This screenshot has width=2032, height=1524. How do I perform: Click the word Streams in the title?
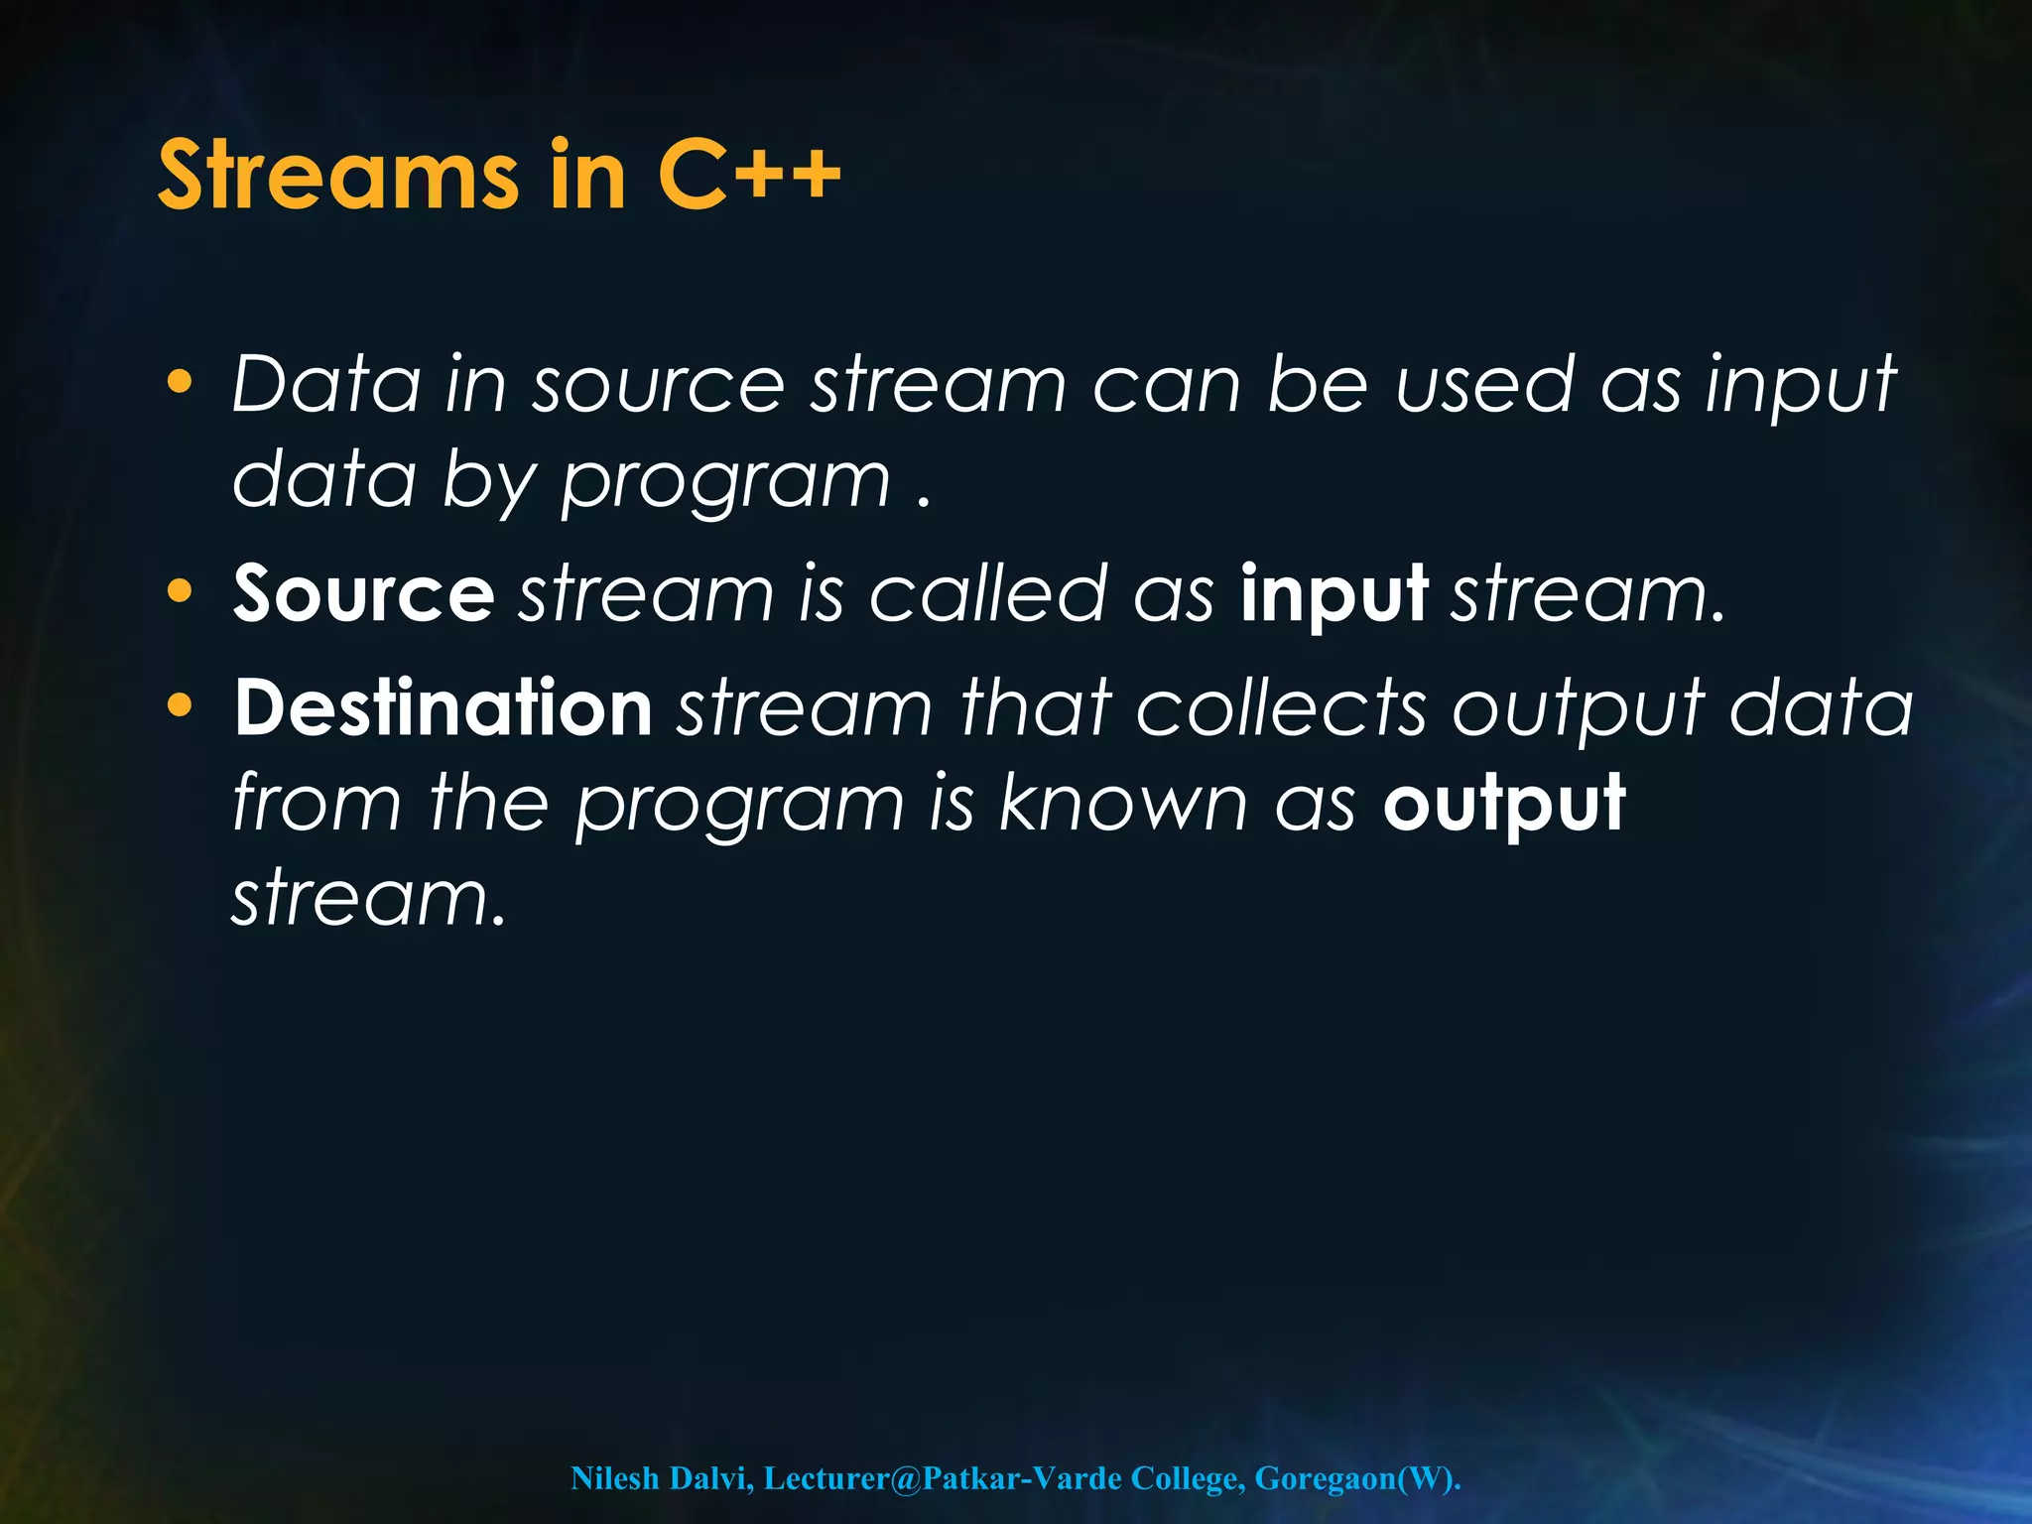[x=338, y=176]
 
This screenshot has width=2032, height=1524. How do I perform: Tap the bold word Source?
[x=363, y=593]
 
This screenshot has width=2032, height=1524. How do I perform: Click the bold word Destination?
[x=443, y=707]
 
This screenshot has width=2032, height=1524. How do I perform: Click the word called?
[x=987, y=593]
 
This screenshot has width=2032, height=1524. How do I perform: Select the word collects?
[x=1281, y=707]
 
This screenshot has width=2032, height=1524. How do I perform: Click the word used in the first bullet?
[x=1484, y=384]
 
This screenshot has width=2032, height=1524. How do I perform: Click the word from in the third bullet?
[x=317, y=802]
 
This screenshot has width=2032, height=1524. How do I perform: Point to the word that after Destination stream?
[x=1035, y=707]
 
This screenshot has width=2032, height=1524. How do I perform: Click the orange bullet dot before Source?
[x=180, y=591]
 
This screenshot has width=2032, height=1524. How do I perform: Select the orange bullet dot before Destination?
[x=180, y=705]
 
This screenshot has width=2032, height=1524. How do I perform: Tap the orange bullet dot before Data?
[x=180, y=382]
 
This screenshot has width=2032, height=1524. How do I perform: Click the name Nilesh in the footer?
[x=615, y=1478]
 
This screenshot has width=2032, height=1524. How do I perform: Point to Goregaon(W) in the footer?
[x=1356, y=1478]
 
